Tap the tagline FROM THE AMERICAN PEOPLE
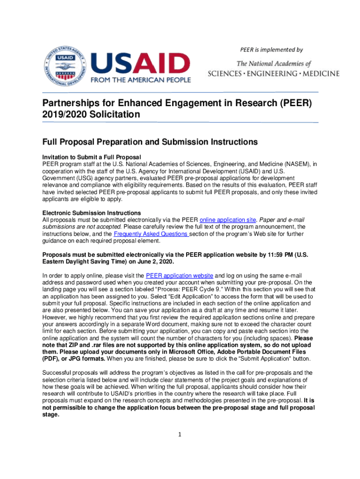tap(141, 79)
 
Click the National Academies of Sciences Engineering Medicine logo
tap(274, 68)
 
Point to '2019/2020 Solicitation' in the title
tap(91, 114)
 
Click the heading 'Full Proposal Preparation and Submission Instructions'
tap(150, 142)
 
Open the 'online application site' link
tap(228, 220)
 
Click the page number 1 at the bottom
tap(180, 435)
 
